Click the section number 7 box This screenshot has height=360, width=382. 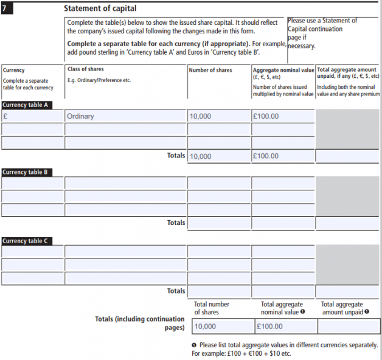(x=9, y=9)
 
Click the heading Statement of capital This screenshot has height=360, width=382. (x=100, y=9)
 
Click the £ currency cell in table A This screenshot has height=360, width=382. (x=33, y=116)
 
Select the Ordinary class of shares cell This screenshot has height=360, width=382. (x=125, y=116)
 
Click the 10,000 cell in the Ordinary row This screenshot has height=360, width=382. (x=218, y=116)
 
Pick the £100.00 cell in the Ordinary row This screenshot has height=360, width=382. (x=283, y=116)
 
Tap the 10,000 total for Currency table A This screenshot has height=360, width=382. (x=218, y=156)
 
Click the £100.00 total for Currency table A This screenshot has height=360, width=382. (x=283, y=156)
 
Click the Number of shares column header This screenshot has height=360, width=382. (x=210, y=71)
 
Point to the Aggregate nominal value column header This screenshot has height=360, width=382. (x=283, y=71)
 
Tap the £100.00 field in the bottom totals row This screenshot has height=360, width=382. (x=283, y=327)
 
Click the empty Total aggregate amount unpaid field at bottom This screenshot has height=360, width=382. (x=349, y=327)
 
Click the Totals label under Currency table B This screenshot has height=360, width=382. (x=176, y=223)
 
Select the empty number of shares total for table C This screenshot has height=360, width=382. (x=218, y=291)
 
